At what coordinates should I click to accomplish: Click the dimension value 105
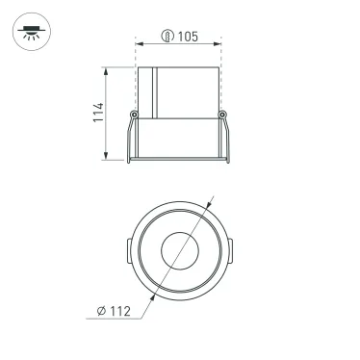pos(188,37)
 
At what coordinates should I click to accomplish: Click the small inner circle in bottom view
pos(179,253)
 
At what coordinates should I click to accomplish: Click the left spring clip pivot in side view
pos(135,116)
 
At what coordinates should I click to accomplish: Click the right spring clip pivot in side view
pos(223,116)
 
